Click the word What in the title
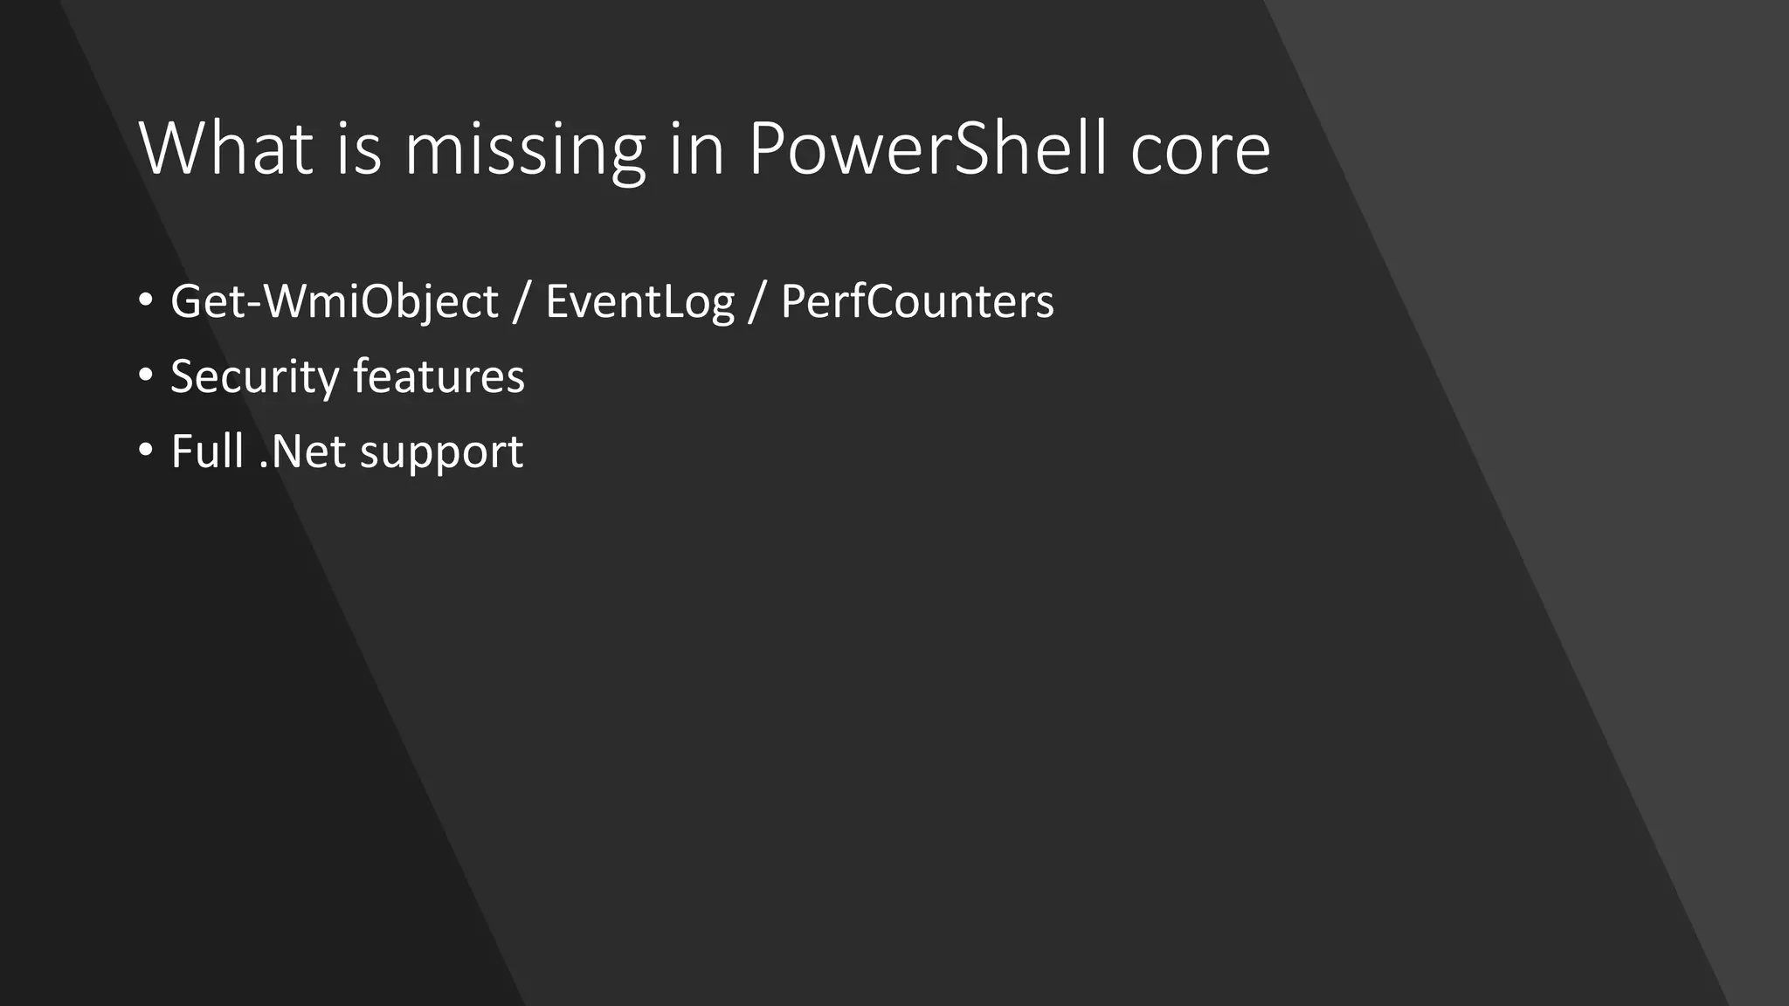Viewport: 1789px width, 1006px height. [x=225, y=148]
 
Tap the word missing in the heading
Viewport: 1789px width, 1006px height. [x=524, y=150]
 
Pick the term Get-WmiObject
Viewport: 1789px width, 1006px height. [x=334, y=302]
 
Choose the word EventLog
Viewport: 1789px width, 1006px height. [x=639, y=302]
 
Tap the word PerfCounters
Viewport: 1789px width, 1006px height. [x=917, y=301]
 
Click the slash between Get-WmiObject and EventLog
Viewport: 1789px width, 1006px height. [x=522, y=302]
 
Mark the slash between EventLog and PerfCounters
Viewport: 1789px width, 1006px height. [x=756, y=302]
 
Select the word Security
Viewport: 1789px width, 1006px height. [x=254, y=377]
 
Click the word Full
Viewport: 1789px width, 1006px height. [x=206, y=451]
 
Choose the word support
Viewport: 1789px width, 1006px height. [x=441, y=453]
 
